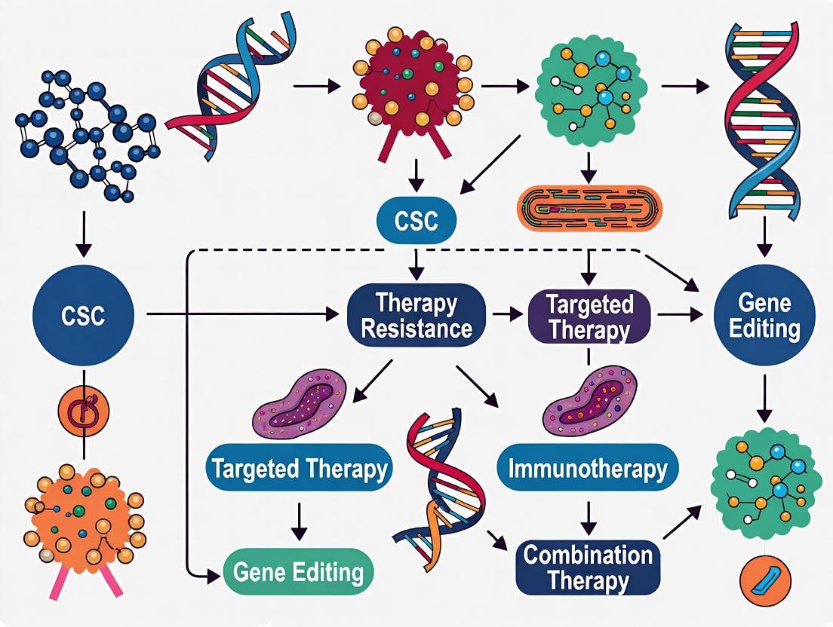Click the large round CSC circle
tap(84, 315)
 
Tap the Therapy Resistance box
tap(416, 315)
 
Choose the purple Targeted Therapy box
tap(589, 317)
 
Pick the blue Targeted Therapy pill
tap(299, 469)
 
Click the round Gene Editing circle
tap(764, 315)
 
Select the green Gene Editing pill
tap(299, 572)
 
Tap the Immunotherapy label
tap(588, 469)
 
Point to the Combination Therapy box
tap(588, 567)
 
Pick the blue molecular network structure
tap(87, 136)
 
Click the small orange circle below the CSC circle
tap(84, 411)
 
